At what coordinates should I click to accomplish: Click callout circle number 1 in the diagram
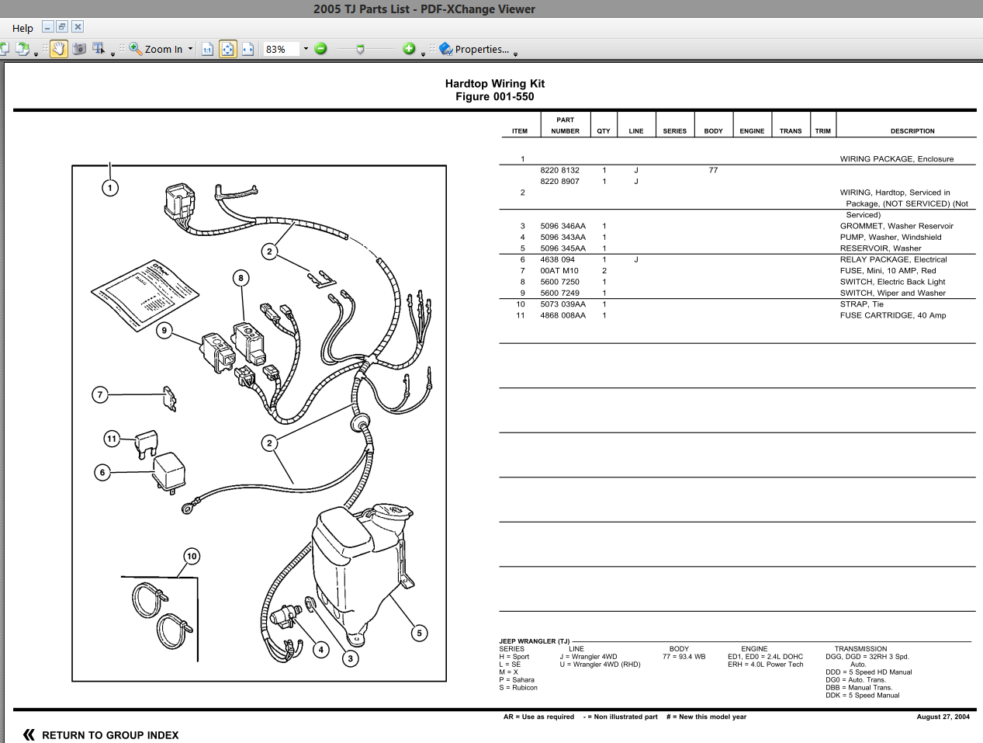tap(110, 188)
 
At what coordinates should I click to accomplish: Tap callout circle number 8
tap(241, 278)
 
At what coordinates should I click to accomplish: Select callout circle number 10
tap(192, 556)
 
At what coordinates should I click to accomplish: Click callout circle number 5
tap(419, 633)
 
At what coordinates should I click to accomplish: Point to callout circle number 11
tap(112, 439)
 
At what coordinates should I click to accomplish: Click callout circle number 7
tap(99, 394)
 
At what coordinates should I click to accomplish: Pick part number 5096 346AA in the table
tap(562, 226)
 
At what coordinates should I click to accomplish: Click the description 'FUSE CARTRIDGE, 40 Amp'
tap(892, 315)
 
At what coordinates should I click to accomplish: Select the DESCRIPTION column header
tap(912, 131)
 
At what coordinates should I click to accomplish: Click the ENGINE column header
tap(751, 131)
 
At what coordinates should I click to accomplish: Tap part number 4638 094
tap(557, 259)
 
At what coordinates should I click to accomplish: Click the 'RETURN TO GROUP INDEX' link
tap(109, 735)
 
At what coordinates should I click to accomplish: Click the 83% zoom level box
tap(280, 49)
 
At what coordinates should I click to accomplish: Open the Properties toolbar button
tap(474, 49)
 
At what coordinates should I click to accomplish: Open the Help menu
tap(22, 28)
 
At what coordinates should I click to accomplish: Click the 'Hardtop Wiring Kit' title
tap(494, 84)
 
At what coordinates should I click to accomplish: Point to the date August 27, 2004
tap(943, 717)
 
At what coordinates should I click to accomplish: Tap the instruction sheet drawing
tap(145, 295)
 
